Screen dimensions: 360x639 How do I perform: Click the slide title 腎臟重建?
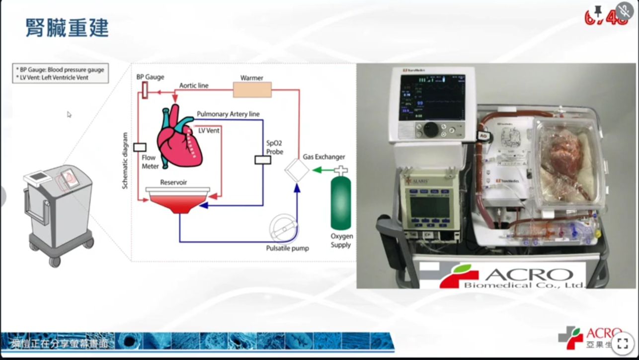[67, 28]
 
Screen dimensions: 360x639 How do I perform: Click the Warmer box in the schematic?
[252, 90]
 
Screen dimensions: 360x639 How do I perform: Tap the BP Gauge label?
[150, 78]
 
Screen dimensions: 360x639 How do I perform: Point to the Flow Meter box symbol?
[140, 147]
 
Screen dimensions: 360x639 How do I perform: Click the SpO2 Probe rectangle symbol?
[262, 160]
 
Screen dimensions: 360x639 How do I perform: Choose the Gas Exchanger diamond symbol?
[297, 171]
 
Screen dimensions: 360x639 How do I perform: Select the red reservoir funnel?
[177, 200]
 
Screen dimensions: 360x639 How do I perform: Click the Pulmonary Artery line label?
[228, 114]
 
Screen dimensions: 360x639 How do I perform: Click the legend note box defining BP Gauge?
[61, 73]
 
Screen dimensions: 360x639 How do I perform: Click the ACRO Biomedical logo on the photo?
[502, 276]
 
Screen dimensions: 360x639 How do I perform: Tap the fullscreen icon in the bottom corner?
[622, 343]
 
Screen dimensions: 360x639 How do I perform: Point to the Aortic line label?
[194, 86]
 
